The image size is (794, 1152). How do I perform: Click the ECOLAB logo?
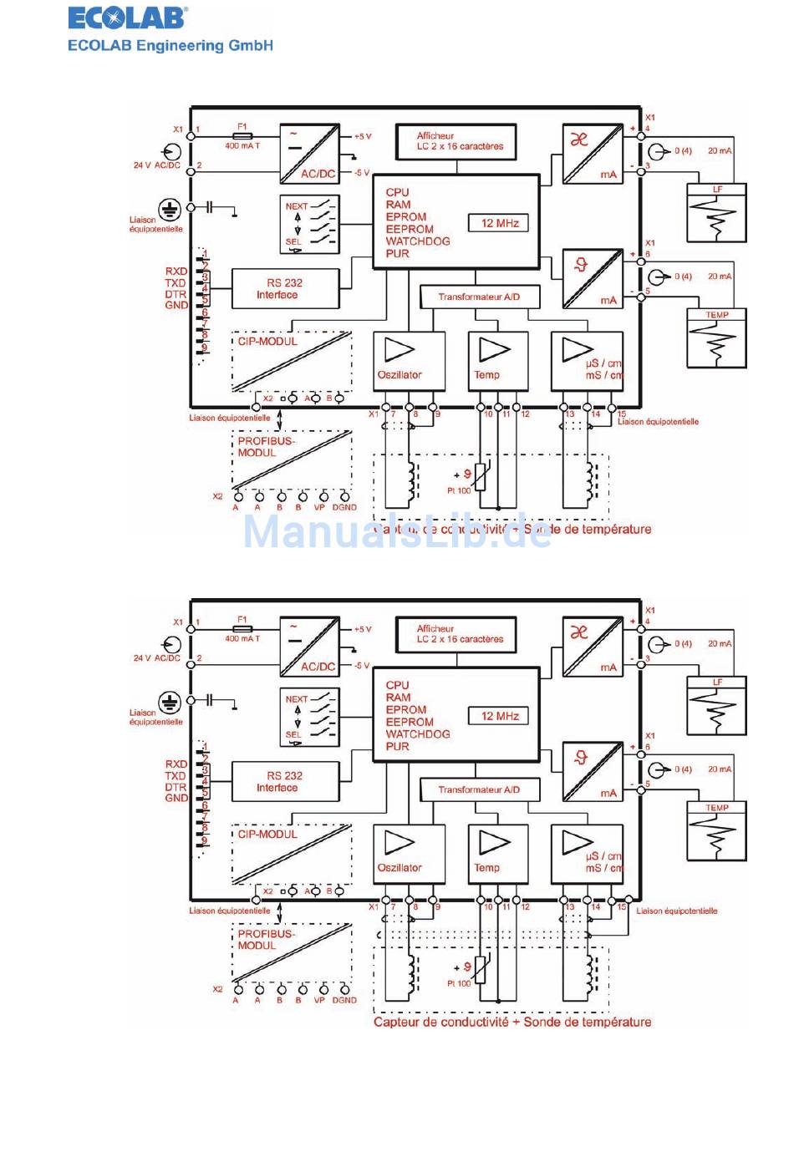127,18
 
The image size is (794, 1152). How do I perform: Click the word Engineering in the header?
181,46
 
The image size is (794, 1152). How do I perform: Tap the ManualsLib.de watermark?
397,531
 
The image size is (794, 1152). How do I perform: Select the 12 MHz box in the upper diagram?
500,223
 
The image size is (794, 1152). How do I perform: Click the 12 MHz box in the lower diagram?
500,716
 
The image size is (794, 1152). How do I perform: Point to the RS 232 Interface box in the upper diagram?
285,289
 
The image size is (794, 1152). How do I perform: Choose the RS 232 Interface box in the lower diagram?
285,782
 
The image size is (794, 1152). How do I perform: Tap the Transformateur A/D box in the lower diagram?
479,789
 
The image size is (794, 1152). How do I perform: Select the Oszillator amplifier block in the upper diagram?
400,361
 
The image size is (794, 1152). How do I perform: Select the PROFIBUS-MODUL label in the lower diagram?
266,940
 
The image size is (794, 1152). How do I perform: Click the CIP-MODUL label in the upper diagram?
267,342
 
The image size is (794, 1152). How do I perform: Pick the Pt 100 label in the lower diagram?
458,983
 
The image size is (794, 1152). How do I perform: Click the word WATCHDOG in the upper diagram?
418,241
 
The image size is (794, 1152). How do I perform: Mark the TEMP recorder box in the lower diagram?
716,832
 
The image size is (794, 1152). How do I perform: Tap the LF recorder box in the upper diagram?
716,214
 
